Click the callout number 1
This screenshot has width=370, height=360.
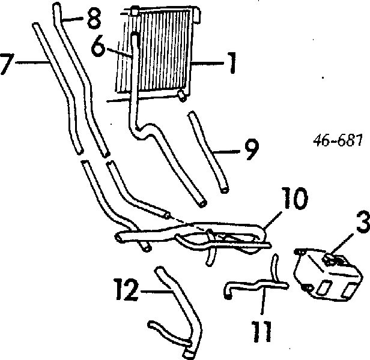(232, 63)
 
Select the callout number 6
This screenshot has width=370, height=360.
(98, 46)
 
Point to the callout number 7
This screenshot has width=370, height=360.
(7, 64)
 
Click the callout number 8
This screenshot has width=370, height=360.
(94, 19)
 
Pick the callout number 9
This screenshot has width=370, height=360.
(252, 150)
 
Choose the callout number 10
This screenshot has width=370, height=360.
(295, 199)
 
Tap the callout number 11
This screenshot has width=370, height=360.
(262, 331)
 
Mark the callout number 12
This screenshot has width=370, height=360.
(126, 290)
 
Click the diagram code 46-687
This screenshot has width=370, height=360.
(338, 141)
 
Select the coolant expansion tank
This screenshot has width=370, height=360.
(327, 274)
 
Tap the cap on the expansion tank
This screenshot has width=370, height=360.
(335, 259)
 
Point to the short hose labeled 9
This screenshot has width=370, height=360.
(208, 152)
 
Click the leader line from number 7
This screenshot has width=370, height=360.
(32, 62)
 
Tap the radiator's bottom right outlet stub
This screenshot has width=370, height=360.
(183, 95)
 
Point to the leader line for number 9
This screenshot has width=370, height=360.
(226, 152)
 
